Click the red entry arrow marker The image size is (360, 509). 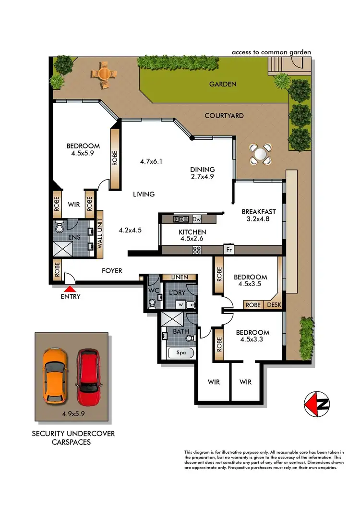(70, 289)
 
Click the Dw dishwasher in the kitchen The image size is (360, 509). (196, 219)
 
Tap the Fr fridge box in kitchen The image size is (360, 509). (229, 250)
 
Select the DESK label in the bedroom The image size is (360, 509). (274, 305)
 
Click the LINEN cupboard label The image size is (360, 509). (180, 278)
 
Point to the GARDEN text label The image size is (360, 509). (223, 84)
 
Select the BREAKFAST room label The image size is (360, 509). (258, 211)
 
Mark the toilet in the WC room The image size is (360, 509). (153, 303)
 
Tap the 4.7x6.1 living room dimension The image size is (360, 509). (152, 162)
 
